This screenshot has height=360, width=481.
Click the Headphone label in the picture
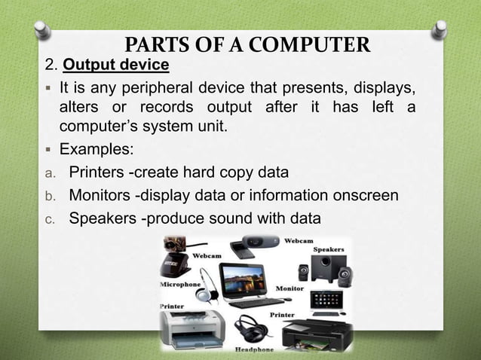tap(253, 348)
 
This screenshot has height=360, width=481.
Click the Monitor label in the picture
tap(290, 288)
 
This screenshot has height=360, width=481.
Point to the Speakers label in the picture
tap(328, 249)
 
